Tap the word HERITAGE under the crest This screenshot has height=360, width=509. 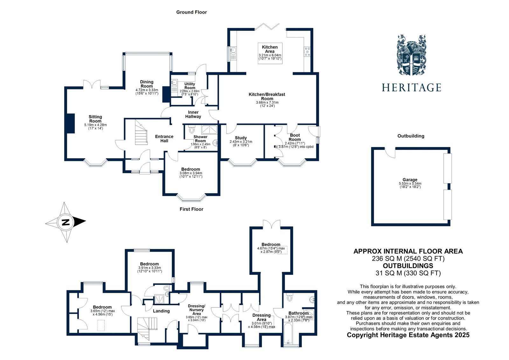[x=411, y=88]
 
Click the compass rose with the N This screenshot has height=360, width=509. [x=66, y=222]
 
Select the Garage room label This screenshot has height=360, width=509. [x=410, y=180]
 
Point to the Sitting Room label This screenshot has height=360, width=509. [x=95, y=119]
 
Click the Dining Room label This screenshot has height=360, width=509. [x=147, y=84]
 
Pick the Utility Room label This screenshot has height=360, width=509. [x=190, y=86]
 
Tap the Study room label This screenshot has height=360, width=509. [x=241, y=138]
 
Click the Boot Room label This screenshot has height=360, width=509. [x=295, y=137]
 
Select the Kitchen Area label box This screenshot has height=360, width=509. [x=270, y=53]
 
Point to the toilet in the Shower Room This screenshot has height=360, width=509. [x=192, y=130]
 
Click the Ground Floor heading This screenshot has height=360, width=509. [x=192, y=12]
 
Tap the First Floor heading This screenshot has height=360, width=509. [x=191, y=209]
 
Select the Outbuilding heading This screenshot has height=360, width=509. [x=411, y=136]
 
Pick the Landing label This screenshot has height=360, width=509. [x=161, y=311]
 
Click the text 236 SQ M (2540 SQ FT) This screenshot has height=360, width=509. [x=408, y=258]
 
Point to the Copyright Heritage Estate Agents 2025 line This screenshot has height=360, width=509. [x=408, y=335]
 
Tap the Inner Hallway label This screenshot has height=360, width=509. [x=193, y=114]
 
